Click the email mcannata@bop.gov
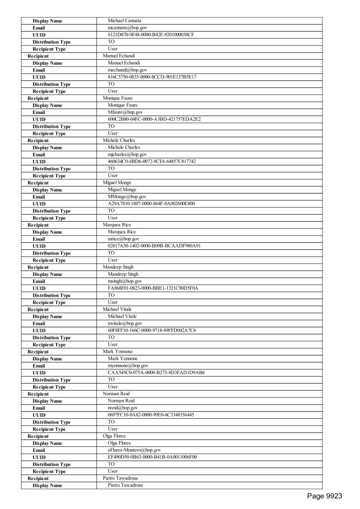click(x=127, y=28)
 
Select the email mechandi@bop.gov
click(x=127, y=70)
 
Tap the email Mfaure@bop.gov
click(x=125, y=112)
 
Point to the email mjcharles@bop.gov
click(x=127, y=155)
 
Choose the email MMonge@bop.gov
click(x=126, y=197)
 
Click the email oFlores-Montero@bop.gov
click(x=134, y=450)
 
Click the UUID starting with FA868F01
click(x=153, y=288)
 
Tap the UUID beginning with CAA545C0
click(x=156, y=373)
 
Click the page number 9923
click(x=324, y=496)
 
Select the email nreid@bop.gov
click(x=122, y=408)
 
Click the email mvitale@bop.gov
click(x=125, y=324)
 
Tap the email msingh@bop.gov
click(x=124, y=281)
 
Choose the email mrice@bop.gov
click(x=123, y=239)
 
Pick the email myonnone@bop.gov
click(x=128, y=366)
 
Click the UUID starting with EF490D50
click(x=152, y=457)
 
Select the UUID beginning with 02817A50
click(x=154, y=246)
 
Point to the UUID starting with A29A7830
click(x=151, y=204)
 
